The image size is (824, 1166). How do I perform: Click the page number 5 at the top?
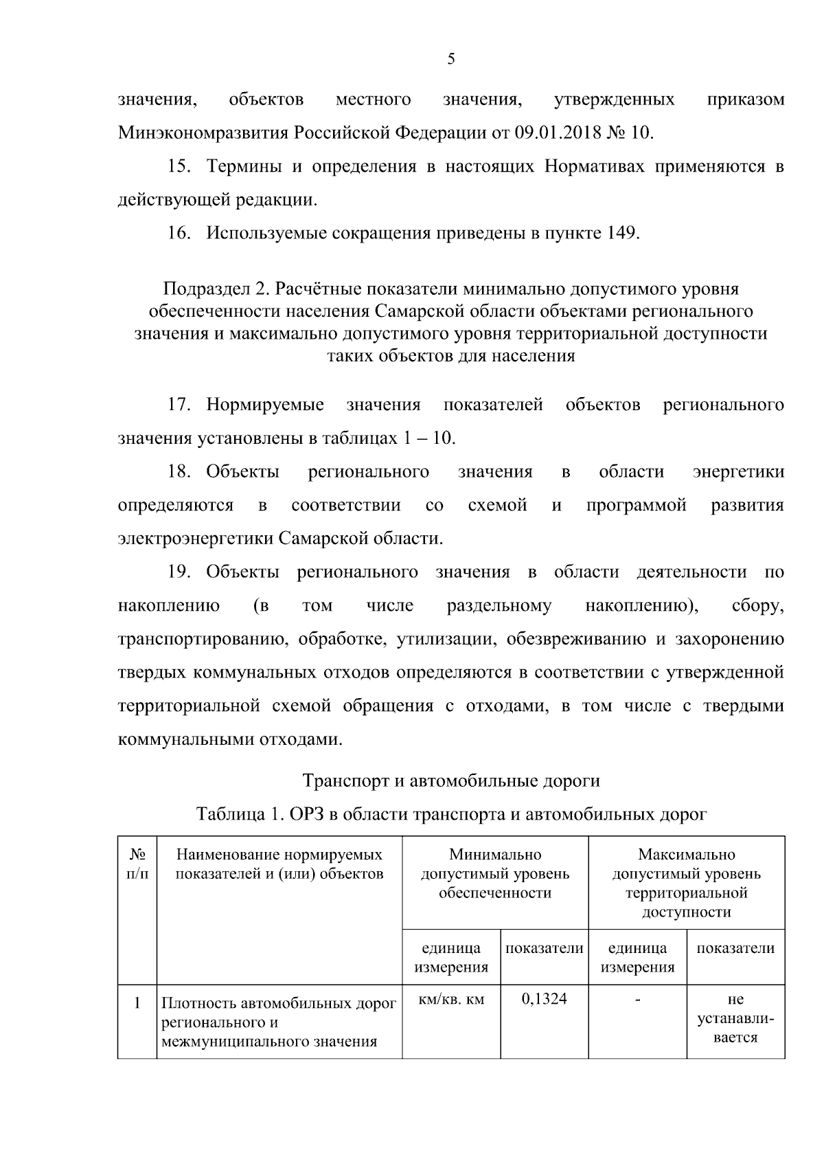coord(450,59)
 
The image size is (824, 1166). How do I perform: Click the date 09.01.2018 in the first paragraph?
coord(556,133)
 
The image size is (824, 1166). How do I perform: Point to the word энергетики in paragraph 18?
coord(738,472)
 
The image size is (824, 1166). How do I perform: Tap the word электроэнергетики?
coord(196,538)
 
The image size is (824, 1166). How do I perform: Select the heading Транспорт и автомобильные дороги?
coord(451,781)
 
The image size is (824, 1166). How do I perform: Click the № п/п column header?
coord(137,864)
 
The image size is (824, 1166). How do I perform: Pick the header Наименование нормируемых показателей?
coord(279,864)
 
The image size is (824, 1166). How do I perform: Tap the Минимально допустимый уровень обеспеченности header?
coord(494,874)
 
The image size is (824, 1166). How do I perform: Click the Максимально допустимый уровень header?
coord(686,884)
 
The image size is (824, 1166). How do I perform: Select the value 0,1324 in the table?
coord(544,999)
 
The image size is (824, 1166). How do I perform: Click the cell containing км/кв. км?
coord(450,1000)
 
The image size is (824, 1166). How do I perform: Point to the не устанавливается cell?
coord(735,1018)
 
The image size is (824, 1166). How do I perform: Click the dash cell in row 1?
coord(637,1000)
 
